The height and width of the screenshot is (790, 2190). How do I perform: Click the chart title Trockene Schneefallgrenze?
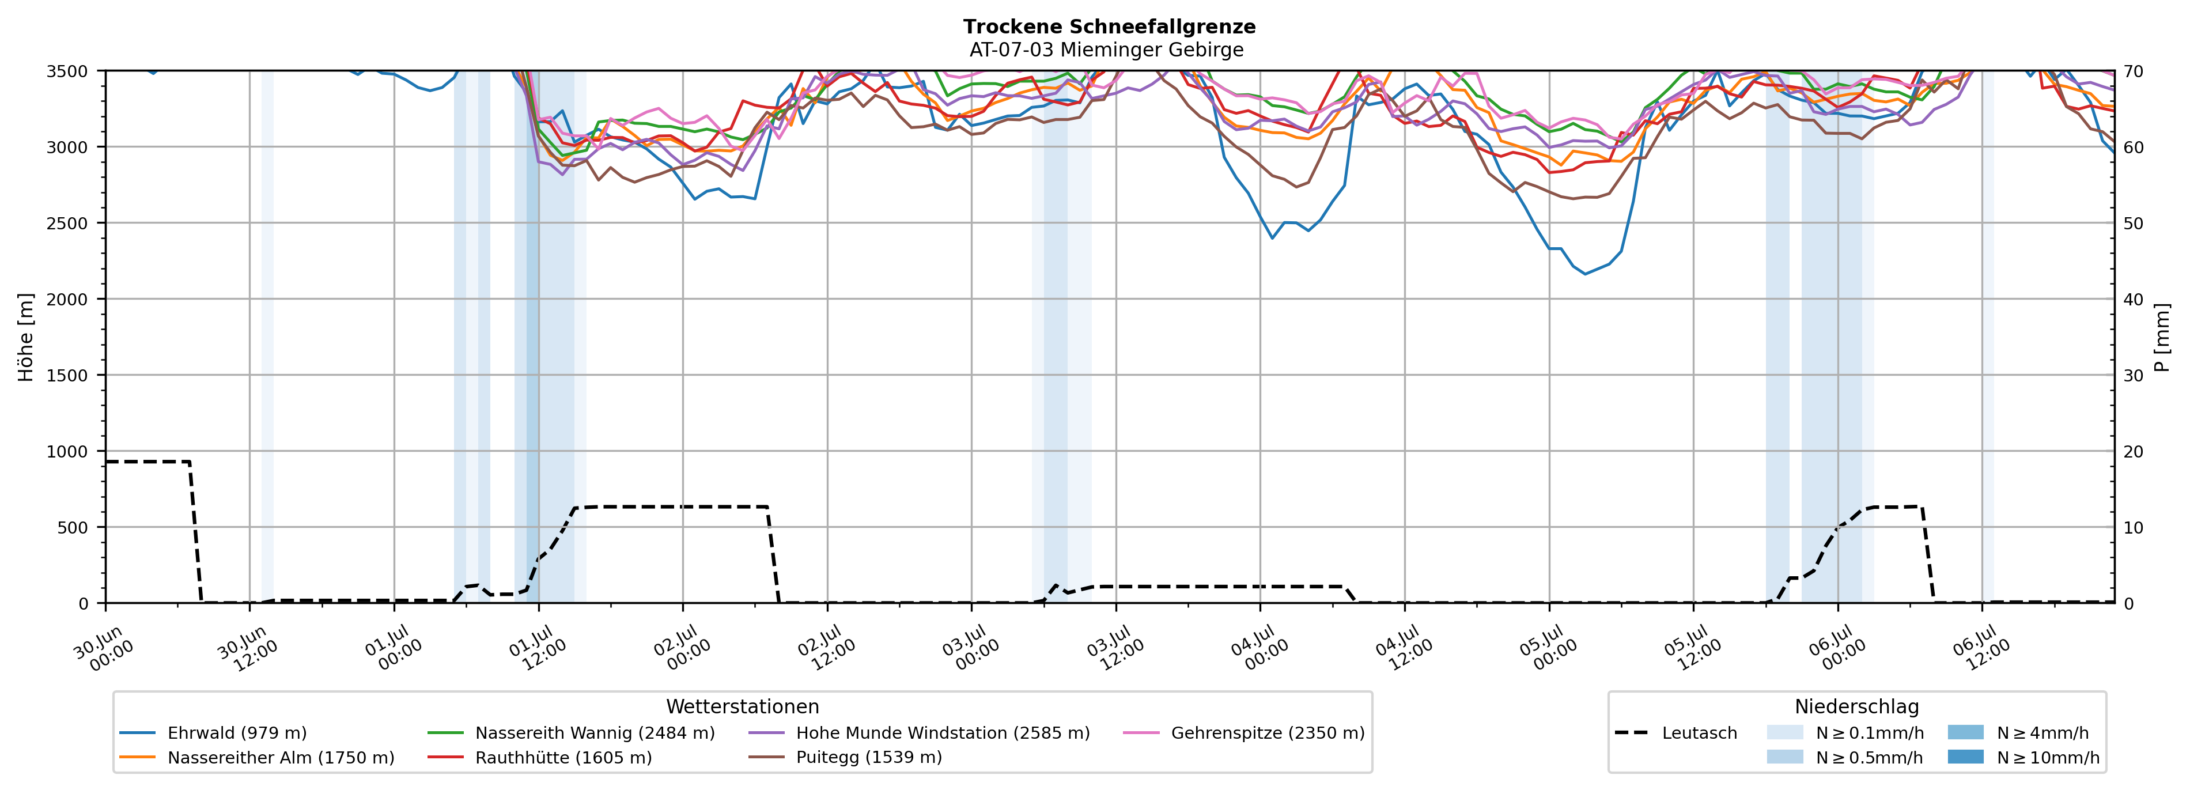[x=1109, y=27]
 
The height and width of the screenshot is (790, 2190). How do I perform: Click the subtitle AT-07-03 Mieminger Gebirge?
[x=1106, y=50]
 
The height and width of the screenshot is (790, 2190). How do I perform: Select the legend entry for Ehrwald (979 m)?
[x=213, y=733]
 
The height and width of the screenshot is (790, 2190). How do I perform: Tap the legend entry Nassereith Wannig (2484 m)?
[x=572, y=733]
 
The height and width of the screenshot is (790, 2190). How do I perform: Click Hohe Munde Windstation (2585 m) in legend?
[x=919, y=733]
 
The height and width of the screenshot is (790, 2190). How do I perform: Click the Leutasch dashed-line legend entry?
[x=1675, y=733]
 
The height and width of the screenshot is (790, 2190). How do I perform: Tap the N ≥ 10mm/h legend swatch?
[x=1965, y=757]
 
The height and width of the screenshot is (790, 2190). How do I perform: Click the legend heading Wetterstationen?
[x=742, y=706]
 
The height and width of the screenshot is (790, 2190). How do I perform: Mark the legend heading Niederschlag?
[x=1857, y=706]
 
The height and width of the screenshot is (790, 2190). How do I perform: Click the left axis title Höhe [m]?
[x=27, y=337]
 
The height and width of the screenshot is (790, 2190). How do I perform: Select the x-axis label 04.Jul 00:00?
[x=1259, y=648]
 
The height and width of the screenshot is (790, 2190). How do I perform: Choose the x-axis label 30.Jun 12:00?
[x=247, y=648]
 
